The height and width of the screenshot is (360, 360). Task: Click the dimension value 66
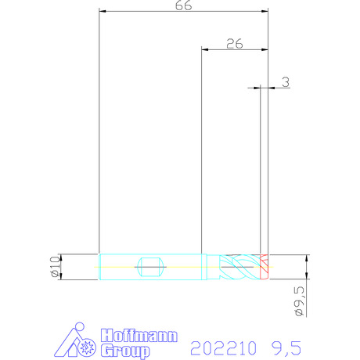click(x=183, y=5)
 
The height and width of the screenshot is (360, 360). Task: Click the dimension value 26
click(x=235, y=44)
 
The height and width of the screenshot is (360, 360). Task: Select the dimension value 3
click(x=286, y=82)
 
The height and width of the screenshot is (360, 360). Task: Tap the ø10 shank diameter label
click(x=56, y=266)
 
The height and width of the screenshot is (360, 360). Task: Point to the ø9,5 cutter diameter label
click(x=300, y=301)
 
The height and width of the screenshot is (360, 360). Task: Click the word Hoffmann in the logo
click(x=139, y=336)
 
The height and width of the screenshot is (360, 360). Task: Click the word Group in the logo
click(x=125, y=351)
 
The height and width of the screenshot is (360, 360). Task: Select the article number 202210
click(x=223, y=348)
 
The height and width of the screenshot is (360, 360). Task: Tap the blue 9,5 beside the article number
click(x=286, y=348)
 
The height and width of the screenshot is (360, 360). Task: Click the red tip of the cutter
click(x=264, y=267)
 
